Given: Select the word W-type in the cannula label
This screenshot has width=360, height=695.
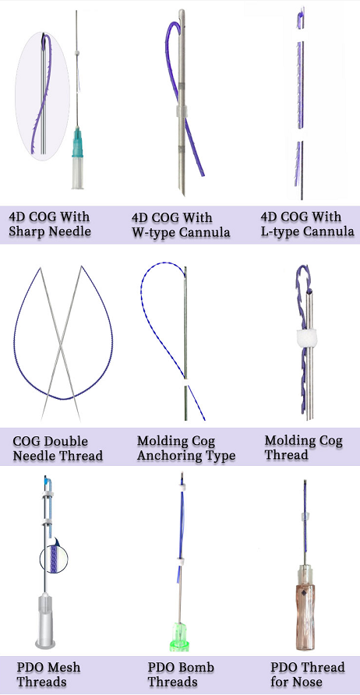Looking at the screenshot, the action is pos(152,232).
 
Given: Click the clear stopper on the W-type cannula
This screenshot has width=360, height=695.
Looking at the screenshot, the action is pos(182,111).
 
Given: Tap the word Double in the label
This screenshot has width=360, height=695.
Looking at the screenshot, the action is pos(63,441).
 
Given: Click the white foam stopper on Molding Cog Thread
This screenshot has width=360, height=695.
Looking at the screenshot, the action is pos(305,338).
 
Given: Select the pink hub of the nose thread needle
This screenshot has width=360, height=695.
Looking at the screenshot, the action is pos(305,608).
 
